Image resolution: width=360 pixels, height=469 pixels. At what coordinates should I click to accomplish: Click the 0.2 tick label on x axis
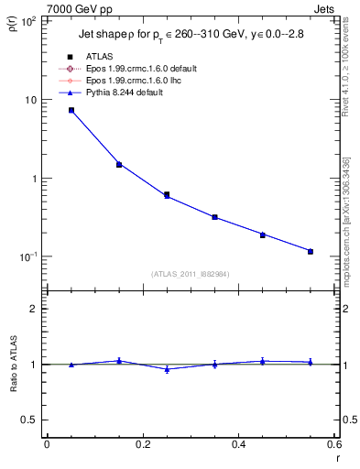(x=142, y=444)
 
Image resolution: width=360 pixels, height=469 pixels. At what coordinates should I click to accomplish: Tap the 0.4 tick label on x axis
(x=238, y=444)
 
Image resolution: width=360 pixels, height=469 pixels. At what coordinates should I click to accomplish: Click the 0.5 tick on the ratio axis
(x=32, y=420)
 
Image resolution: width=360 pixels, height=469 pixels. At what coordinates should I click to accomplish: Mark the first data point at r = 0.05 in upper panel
(x=71, y=110)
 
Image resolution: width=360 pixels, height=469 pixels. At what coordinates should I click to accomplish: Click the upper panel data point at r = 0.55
(x=311, y=251)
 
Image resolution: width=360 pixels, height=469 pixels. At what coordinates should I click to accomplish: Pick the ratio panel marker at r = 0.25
(x=167, y=369)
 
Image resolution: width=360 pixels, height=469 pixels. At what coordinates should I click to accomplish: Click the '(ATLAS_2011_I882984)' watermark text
(x=191, y=273)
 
